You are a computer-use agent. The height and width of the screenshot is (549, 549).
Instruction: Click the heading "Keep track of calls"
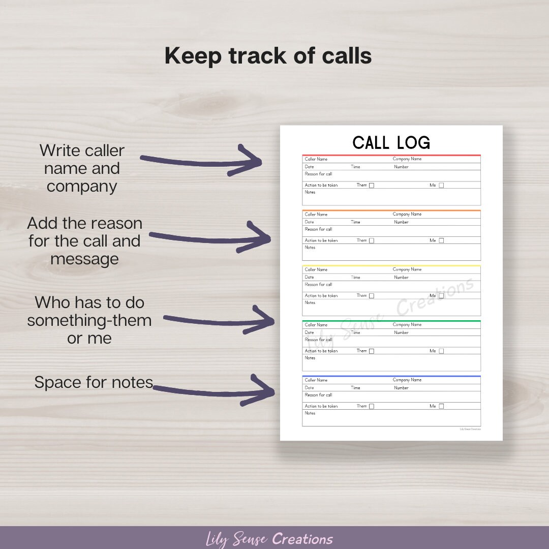(268, 56)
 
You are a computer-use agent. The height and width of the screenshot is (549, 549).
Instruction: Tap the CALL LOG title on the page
(391, 143)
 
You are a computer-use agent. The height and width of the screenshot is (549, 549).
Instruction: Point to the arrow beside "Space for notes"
(213, 390)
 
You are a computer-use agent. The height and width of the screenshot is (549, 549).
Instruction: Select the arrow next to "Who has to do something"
(219, 321)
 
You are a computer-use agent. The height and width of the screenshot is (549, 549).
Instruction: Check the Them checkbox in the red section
(372, 186)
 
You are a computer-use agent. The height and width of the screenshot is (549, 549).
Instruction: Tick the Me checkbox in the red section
(441, 186)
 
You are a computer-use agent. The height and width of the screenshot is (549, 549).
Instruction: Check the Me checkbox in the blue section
(441, 406)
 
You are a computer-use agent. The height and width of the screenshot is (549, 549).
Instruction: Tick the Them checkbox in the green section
(372, 351)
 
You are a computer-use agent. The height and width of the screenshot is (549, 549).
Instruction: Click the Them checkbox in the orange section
(372, 241)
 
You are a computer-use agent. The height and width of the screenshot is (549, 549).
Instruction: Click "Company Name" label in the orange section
(407, 215)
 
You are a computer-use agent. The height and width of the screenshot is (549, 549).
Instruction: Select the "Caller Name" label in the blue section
(316, 380)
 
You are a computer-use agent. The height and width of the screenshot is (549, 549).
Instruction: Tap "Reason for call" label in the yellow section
(318, 285)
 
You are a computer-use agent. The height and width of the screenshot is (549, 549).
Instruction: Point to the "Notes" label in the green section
(310, 358)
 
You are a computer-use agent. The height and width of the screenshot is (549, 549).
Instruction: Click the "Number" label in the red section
(401, 167)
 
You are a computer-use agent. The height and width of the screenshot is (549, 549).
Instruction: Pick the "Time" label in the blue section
(355, 388)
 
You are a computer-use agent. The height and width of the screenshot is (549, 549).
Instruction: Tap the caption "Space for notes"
(94, 382)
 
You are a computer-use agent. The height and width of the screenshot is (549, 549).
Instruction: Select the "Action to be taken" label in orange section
(321, 241)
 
